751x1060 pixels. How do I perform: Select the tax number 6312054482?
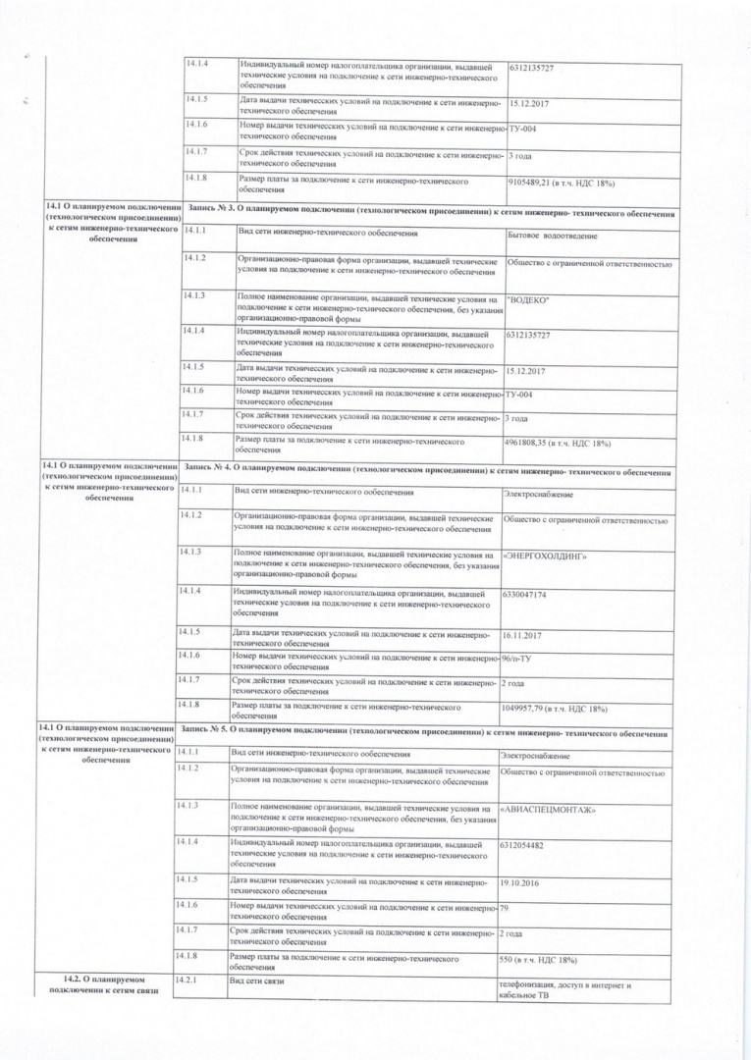point(521,845)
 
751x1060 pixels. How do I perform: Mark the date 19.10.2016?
point(519,882)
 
